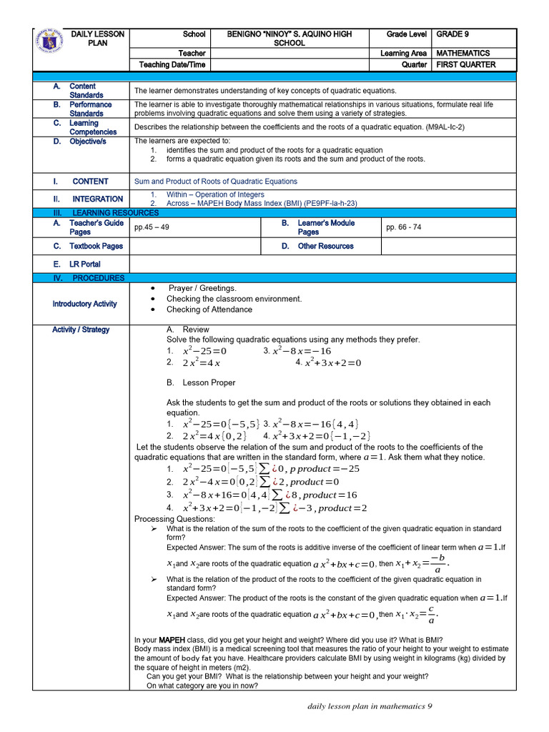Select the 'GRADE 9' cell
pos(452,34)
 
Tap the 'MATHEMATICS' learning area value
pos(463,54)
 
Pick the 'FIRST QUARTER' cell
pos(465,65)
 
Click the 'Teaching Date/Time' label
pos(172,65)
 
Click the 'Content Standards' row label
pos(86,91)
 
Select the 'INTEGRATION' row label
pos(98,199)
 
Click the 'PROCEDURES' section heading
pos(98,278)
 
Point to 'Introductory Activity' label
pos(84,304)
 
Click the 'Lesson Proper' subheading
pos(209,383)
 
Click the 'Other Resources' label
pos(325,246)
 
